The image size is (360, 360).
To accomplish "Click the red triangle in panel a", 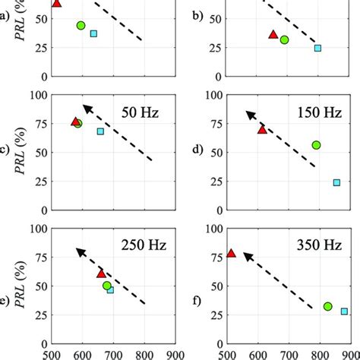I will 56,4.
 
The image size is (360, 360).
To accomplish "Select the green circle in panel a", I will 81,26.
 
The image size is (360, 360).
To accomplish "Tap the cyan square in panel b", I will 318,48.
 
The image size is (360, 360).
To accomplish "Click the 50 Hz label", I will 141,113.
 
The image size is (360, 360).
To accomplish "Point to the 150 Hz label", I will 315,113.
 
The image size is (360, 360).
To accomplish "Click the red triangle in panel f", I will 232,254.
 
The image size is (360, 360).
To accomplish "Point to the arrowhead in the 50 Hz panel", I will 86,108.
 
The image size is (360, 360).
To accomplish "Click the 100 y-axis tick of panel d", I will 214,96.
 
